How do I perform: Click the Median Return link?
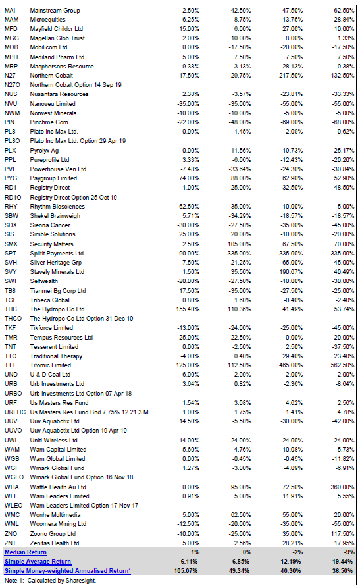tap(26, 552)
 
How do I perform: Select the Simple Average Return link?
tap(38, 562)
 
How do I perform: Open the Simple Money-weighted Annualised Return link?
tap(68, 571)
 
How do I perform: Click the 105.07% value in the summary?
tap(186, 571)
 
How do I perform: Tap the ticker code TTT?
tap(11, 365)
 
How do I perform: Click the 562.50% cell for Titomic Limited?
tap(342, 365)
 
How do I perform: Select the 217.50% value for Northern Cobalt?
tap(291, 75)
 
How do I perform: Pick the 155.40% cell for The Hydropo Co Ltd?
tap(188, 309)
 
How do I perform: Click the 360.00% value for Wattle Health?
tap(342, 487)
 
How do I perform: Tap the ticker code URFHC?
tap(15, 412)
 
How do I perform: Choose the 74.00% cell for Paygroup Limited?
tap(189, 178)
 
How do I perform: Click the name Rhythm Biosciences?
tap(57, 207)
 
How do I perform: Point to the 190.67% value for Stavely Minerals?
tap(291, 272)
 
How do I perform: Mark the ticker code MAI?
tap(10, 10)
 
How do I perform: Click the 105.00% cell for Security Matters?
tap(240, 244)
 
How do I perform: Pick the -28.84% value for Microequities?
tap(344, 20)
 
